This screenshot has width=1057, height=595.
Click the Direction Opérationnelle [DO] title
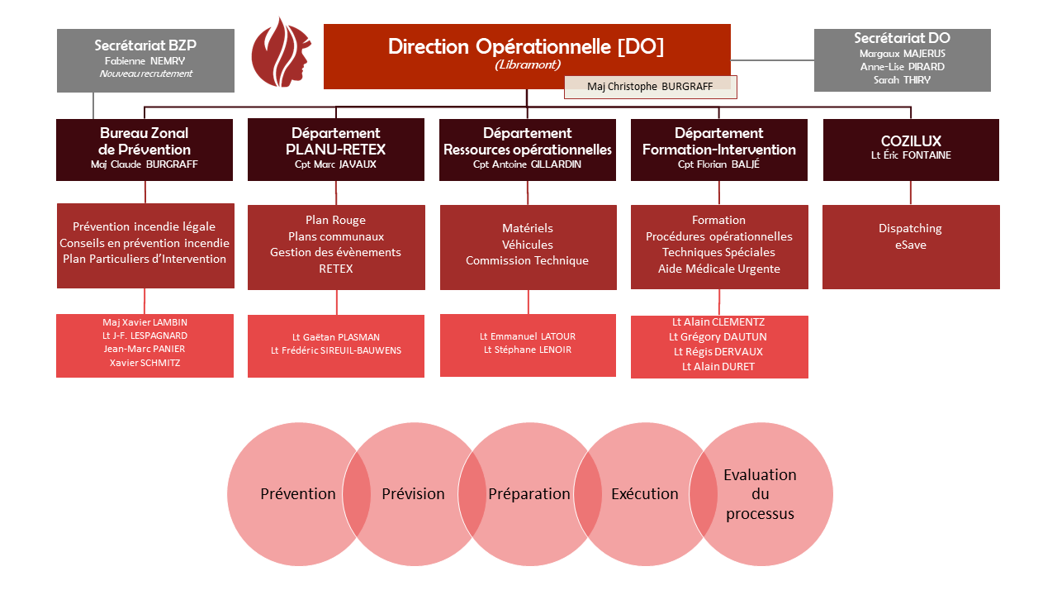[526, 47]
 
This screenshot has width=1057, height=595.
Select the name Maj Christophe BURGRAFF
[649, 87]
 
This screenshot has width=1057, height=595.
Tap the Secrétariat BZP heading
[145, 45]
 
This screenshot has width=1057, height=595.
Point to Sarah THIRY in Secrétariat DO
[902, 80]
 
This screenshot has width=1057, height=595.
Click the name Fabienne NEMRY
[145, 60]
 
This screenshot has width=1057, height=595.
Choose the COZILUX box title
[911, 141]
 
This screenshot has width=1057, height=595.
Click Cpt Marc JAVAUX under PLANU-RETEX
[335, 164]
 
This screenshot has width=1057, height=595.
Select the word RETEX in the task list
[335, 269]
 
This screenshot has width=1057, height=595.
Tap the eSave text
[910, 245]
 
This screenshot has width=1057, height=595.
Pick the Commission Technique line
[527, 260]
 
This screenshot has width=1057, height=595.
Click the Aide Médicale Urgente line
[718, 269]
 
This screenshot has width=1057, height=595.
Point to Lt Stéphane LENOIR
[527, 350]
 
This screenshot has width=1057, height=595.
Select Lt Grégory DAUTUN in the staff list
[718, 337]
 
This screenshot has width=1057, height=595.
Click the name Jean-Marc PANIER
[145, 349]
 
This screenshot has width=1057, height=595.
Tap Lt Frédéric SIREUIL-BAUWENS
[335, 350]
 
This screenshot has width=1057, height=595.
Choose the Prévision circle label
[413, 494]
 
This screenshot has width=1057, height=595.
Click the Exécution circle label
[644, 494]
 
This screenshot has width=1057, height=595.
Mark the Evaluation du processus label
[760, 494]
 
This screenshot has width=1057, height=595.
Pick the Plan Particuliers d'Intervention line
[145, 259]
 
